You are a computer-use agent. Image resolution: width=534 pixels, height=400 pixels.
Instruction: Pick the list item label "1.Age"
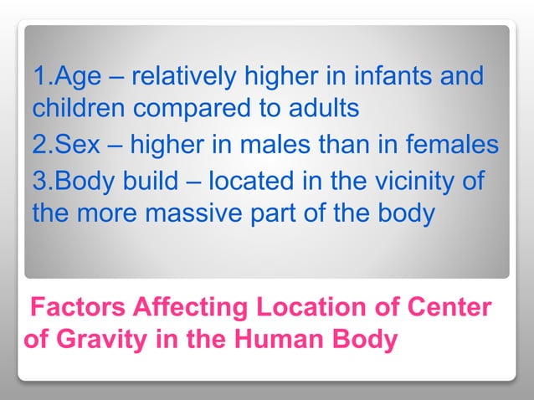click(x=64, y=78)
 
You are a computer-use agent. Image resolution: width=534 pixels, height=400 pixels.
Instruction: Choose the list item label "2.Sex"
click(x=64, y=145)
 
